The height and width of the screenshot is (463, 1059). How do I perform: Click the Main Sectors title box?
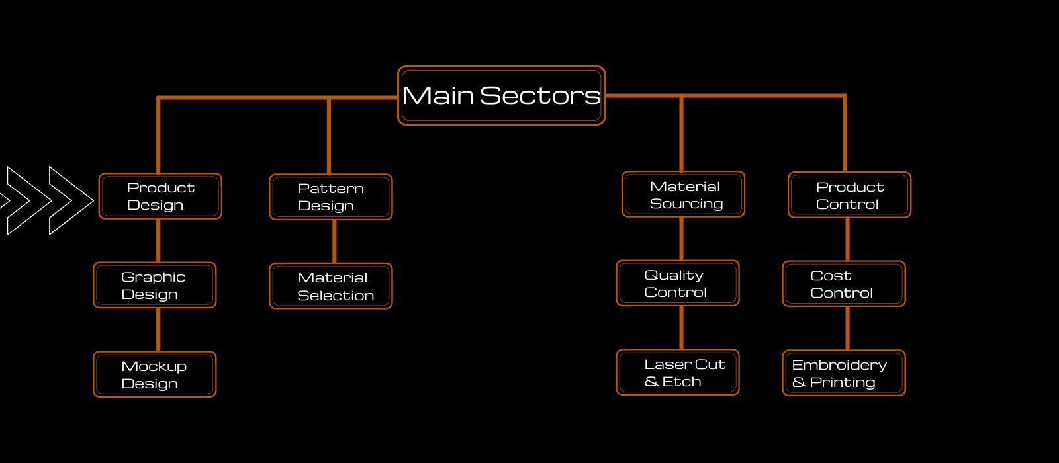tap(501, 95)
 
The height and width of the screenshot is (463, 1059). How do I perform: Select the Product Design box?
tap(160, 196)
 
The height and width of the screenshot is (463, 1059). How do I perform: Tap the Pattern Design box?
tap(331, 197)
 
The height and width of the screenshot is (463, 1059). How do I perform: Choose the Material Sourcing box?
tap(684, 194)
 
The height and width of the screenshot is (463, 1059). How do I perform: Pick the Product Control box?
tap(849, 195)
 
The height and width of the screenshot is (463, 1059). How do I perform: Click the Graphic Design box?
tap(155, 285)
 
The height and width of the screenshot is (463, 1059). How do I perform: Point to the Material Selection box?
tap(331, 286)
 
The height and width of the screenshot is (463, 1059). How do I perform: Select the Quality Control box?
tap(678, 283)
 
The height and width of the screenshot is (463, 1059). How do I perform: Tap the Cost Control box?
tap(844, 284)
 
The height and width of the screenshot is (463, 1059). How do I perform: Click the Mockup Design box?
tap(155, 374)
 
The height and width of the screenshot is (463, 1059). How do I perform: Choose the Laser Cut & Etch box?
tap(678, 372)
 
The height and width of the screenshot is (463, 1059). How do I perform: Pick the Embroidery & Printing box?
tap(844, 373)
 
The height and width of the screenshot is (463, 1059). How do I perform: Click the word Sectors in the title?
tap(540, 96)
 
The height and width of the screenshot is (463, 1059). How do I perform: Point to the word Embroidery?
tap(839, 365)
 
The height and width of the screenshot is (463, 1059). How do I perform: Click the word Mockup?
tap(154, 366)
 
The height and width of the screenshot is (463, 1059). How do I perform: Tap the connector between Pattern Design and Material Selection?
tap(334, 241)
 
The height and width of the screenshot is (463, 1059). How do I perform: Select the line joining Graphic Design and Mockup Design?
tap(158, 329)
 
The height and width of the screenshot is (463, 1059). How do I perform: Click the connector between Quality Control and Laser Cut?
tap(681, 327)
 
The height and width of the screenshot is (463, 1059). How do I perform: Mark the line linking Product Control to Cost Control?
tap(848, 239)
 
